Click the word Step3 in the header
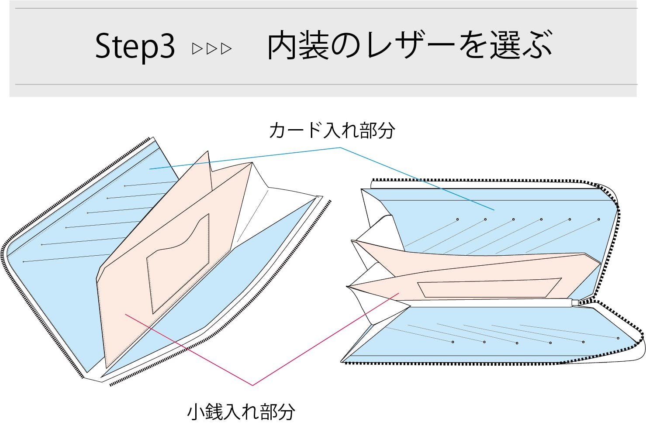point(135,46)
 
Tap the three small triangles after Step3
point(212,48)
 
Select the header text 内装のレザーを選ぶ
point(410,45)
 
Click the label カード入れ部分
point(332,130)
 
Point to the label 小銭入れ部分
point(241,411)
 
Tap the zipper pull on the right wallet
point(576,302)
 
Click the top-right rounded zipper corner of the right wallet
point(611,192)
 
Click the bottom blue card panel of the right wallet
point(480,336)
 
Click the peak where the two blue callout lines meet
point(340,148)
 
